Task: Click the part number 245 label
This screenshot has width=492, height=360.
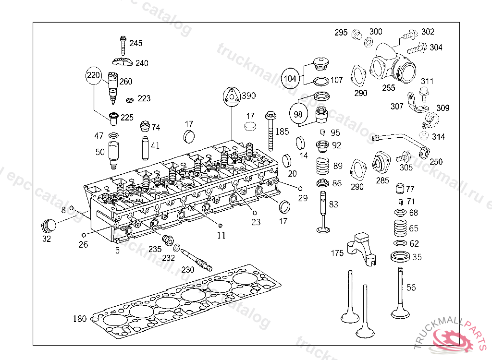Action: point(136,43)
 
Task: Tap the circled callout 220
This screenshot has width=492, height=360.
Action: point(95,75)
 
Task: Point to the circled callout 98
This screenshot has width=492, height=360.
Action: point(298,114)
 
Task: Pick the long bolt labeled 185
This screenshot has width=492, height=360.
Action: point(271,130)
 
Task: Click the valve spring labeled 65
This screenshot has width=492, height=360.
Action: point(400,228)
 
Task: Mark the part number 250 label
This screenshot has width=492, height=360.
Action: point(436,162)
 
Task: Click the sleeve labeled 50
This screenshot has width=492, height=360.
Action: point(114,155)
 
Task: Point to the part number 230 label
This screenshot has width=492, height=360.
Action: point(187,270)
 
